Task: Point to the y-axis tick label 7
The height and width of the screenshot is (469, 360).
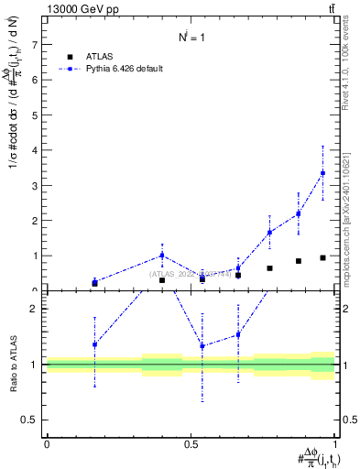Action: click(35, 44)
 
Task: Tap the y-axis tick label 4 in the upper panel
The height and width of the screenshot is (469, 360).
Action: click(35, 150)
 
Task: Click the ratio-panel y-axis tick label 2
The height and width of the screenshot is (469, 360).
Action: click(35, 309)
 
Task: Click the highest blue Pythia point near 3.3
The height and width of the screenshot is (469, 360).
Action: click(322, 173)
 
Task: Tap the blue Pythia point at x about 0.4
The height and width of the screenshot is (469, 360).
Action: click(162, 256)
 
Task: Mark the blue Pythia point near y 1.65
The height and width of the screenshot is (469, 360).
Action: click(269, 233)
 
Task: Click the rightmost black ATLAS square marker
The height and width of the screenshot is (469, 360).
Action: click(322, 257)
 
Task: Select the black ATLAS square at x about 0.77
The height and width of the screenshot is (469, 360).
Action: click(269, 268)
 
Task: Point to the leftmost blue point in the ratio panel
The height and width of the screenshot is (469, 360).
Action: click(94, 344)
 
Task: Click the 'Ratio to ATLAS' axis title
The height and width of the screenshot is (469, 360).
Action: click(12, 365)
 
